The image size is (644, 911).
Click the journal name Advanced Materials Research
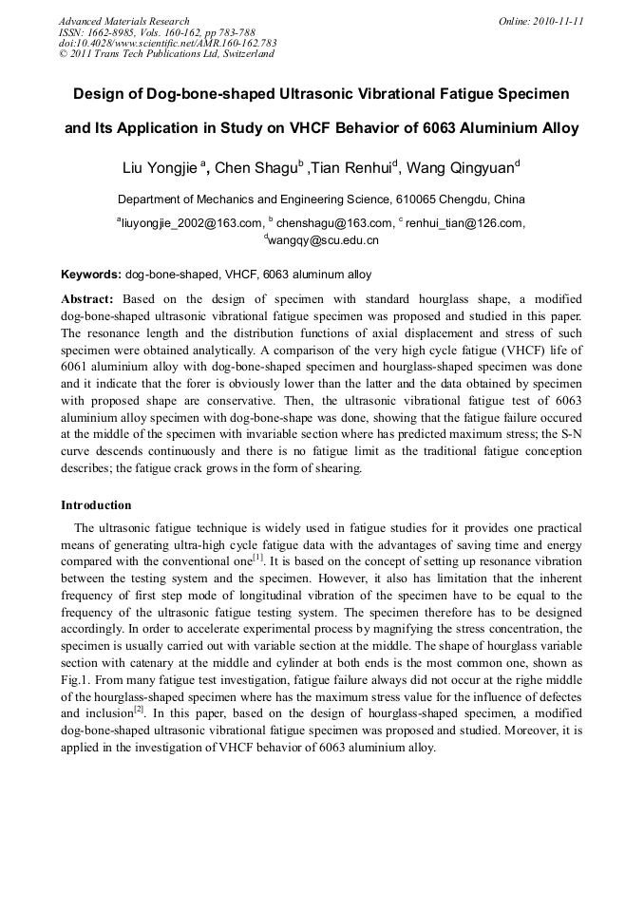point(123,21)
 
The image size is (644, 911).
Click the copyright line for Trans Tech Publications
point(166,54)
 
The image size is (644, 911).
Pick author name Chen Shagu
point(255,169)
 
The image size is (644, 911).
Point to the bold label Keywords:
point(91,275)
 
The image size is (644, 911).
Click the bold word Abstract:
point(87,298)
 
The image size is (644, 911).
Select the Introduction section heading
point(96,504)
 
